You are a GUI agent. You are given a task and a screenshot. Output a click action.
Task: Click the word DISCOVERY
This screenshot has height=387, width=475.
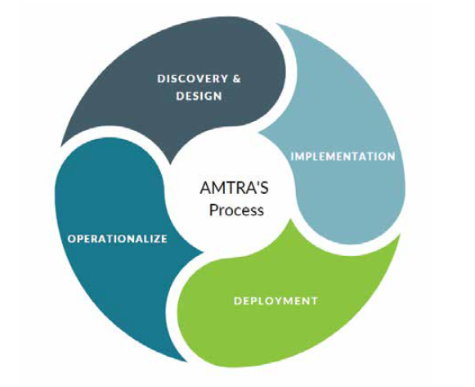(x=192, y=79)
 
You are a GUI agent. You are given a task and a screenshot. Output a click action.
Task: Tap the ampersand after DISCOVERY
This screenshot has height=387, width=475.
(x=237, y=79)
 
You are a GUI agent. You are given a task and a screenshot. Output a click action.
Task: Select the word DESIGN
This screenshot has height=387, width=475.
(x=199, y=96)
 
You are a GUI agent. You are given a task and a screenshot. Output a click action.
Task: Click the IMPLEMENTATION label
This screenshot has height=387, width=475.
(x=343, y=156)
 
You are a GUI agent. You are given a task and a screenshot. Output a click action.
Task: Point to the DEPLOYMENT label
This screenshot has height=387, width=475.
(x=276, y=300)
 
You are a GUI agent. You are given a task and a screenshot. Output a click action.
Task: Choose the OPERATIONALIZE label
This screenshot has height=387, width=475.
(x=118, y=239)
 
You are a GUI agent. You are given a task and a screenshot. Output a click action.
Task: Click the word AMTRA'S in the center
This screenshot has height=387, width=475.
(x=234, y=187)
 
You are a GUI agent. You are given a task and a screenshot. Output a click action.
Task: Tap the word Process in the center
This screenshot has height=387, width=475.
(x=236, y=210)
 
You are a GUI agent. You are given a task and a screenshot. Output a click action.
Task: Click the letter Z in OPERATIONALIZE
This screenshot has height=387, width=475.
(x=155, y=239)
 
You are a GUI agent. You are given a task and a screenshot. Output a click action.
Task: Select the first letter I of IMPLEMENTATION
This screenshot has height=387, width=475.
(x=292, y=156)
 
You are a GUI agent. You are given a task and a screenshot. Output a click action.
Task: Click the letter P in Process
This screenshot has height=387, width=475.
(x=213, y=209)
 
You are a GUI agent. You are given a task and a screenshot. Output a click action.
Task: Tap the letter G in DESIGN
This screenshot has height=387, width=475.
(x=207, y=96)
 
